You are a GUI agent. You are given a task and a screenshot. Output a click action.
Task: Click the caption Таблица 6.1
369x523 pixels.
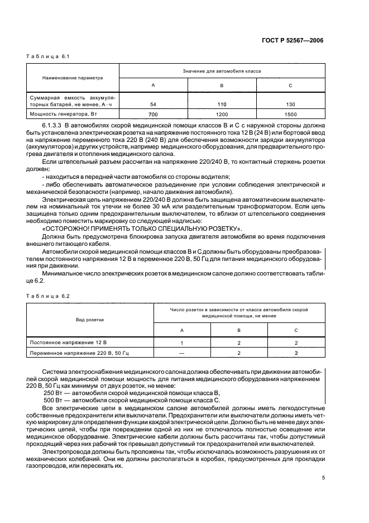click(x=44, y=56)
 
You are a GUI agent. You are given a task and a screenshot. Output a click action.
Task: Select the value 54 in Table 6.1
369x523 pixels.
click(x=154, y=104)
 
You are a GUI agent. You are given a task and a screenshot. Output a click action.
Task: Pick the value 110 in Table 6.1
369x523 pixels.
click(x=222, y=104)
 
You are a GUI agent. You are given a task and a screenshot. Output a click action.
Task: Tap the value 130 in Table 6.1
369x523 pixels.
click(x=290, y=104)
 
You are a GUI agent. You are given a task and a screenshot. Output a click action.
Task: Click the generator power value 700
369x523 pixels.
click(x=154, y=114)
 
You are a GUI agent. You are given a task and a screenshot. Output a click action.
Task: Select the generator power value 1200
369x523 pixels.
click(x=222, y=114)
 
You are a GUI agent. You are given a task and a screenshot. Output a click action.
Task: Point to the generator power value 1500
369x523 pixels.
click(x=290, y=114)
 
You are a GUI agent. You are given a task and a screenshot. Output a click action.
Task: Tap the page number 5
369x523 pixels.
click(x=323, y=477)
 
